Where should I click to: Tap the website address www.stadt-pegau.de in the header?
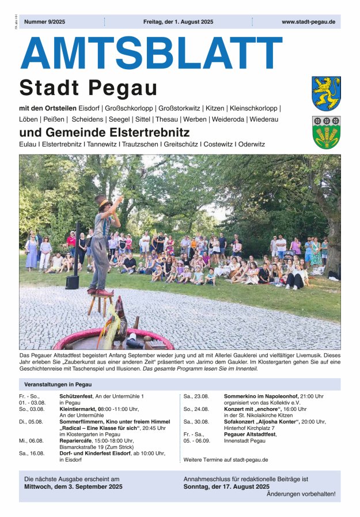(308, 22)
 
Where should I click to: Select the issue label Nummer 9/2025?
(45, 22)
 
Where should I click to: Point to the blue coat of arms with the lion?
(326, 93)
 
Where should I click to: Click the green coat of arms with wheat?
(326, 133)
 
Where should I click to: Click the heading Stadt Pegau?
(88, 88)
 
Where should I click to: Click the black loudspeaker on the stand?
(72, 281)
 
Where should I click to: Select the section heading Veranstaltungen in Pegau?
(58, 384)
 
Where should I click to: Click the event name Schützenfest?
(78, 397)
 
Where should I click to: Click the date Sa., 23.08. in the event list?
(196, 397)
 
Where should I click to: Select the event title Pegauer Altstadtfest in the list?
(250, 434)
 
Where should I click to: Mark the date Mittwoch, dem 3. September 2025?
(73, 486)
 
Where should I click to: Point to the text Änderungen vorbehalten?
(301, 494)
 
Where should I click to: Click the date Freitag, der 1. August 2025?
(178, 22)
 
